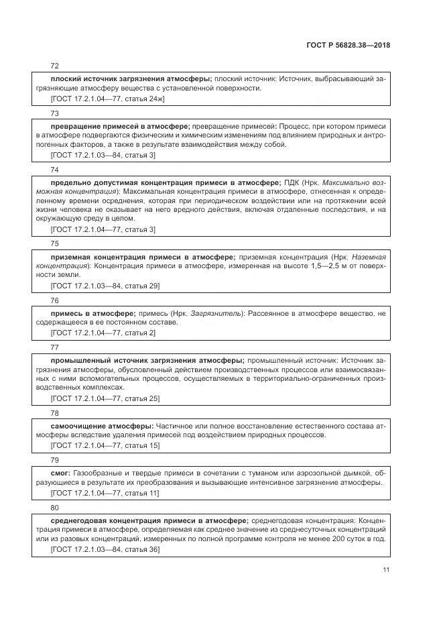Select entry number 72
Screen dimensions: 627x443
[55, 66]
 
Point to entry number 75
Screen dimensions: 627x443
[55, 243]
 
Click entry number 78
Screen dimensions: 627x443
[55, 413]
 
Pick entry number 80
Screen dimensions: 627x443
[55, 508]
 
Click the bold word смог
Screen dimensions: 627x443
[62, 473]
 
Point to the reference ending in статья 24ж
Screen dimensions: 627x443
[107, 98]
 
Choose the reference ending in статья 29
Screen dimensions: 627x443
[105, 286]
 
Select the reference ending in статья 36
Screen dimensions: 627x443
[105, 549]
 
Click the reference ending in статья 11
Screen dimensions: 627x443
[105, 493]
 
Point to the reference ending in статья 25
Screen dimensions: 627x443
[105, 398]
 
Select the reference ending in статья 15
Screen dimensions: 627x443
[105, 445]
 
